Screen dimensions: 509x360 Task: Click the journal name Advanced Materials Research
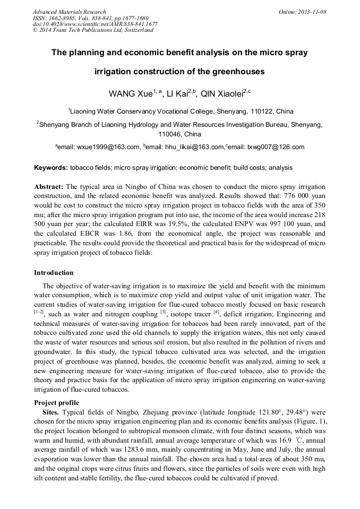point(69,12)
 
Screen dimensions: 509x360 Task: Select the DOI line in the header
point(95,24)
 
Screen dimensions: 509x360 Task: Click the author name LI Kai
point(174,94)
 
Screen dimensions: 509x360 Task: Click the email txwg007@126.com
point(277,147)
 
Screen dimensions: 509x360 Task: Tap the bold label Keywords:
point(51,168)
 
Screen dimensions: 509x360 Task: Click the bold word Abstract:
point(49,187)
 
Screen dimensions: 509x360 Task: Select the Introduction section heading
point(54,273)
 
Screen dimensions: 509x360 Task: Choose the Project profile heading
point(56,402)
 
